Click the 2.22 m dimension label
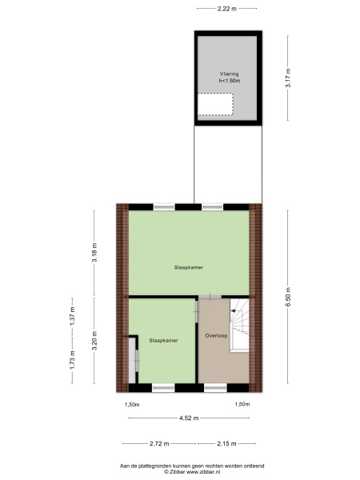tap(227, 9)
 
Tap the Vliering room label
tap(229, 74)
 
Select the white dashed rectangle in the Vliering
tap(215, 104)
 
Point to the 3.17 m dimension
tap(288, 78)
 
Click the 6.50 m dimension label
tap(288, 297)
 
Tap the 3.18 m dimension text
tap(94, 253)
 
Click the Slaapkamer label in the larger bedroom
tap(189, 267)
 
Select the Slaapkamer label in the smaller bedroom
tap(163, 341)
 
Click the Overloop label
tap(216, 335)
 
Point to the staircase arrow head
tap(233, 310)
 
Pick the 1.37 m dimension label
tap(72, 316)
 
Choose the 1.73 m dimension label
tap(72, 360)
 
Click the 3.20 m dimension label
tap(94, 341)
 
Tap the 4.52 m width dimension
tap(189, 418)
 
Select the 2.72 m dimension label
tap(159, 443)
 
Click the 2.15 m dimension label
tap(226, 443)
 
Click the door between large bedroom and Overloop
tap(210, 297)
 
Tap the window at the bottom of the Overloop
tap(215, 388)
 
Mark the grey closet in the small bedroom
tap(132, 360)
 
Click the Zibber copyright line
tap(192, 472)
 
